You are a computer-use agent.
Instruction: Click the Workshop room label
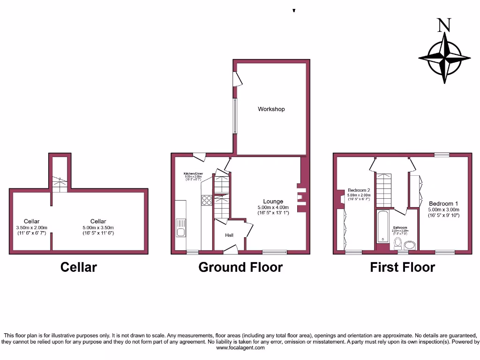coord(271,109)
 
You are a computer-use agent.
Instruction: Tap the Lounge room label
coord(273,202)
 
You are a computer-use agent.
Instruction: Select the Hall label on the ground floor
coord(229,235)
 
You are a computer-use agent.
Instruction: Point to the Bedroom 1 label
coord(443,203)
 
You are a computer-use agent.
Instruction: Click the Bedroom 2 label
coord(359,190)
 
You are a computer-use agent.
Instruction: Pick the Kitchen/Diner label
coord(193,173)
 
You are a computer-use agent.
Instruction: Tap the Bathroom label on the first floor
coord(400,228)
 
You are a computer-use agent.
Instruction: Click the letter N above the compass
coord(442,25)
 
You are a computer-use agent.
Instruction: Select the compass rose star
coord(444,58)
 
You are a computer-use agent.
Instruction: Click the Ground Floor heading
coord(240,267)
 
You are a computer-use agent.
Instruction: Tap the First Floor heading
coord(402,267)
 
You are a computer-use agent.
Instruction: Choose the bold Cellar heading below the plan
coord(79,267)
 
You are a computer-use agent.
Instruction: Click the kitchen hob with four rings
coord(207,200)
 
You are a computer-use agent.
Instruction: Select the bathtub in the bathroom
coord(382,226)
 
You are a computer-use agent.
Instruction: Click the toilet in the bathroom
coord(398,243)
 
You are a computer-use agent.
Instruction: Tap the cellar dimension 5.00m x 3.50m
coord(98,227)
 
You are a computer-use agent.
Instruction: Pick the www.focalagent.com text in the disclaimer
coord(240,347)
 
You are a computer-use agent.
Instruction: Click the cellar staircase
coord(60,184)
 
